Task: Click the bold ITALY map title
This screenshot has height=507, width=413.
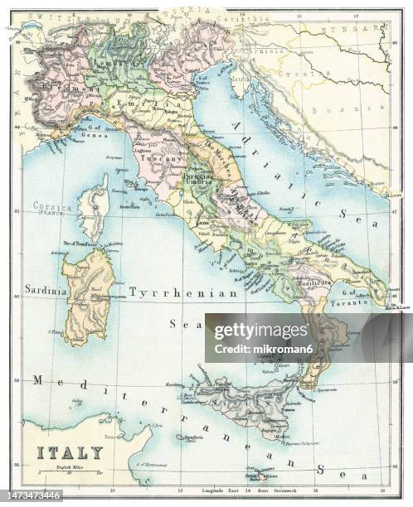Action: click(x=69, y=452)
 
